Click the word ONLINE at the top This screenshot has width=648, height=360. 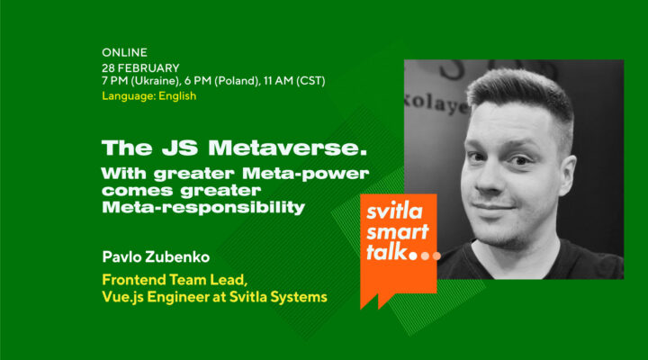point(125,53)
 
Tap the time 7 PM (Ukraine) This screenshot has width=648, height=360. point(144,82)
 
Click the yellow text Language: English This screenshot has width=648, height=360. point(148,96)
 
